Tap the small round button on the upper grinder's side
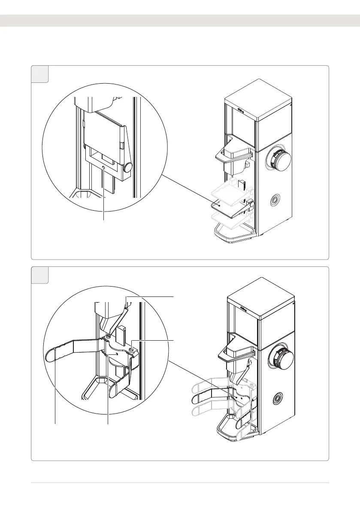(273, 200)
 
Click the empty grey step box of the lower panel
(40, 275)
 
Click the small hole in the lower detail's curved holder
(116, 354)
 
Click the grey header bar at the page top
(180, 21)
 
